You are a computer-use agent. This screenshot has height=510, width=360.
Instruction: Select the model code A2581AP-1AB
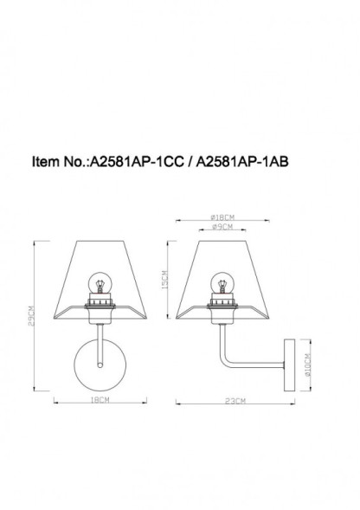(235, 162)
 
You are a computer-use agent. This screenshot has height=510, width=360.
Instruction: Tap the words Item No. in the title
(58, 162)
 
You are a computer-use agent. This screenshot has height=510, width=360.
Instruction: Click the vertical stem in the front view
(102, 342)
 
